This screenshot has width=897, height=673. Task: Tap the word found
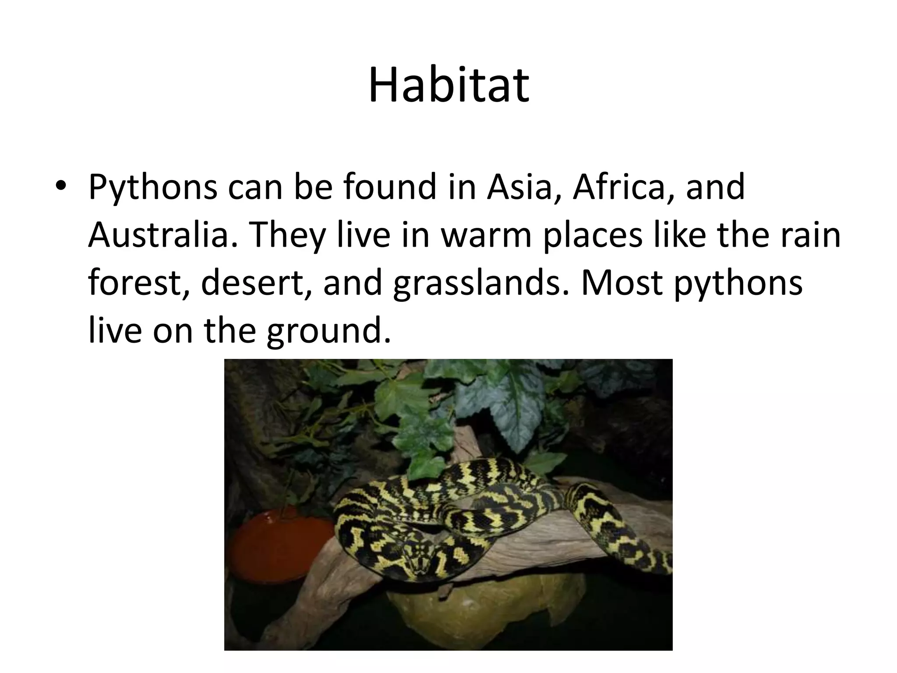click(x=390, y=188)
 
